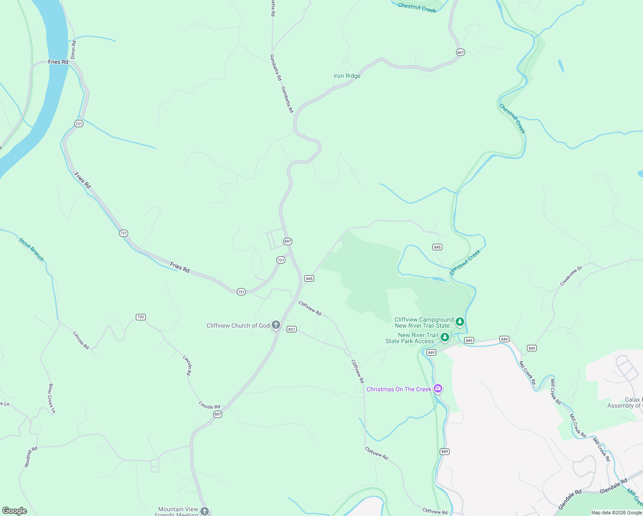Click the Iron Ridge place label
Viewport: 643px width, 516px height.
pos(347,76)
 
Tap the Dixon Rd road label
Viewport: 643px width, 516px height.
pos(73,50)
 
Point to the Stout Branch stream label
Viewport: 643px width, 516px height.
pos(31,249)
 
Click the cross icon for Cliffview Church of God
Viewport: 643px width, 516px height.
pos(276,326)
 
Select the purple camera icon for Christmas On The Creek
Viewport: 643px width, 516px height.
pos(438,389)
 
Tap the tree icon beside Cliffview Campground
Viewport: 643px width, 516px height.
pos(460,322)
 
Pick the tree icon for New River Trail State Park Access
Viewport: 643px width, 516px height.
pos(445,338)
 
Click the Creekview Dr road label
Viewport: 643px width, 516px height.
pos(571,276)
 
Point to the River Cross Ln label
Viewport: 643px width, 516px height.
pos(52,398)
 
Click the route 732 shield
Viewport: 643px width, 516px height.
pos(141,317)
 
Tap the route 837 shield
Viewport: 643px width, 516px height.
pos(291,329)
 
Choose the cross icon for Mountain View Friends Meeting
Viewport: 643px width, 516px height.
pos(205,511)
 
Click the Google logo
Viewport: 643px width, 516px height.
pos(15,511)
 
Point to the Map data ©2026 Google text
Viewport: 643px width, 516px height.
pos(616,513)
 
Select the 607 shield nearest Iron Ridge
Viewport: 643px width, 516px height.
pos(460,52)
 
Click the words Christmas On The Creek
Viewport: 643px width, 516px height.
pos(399,389)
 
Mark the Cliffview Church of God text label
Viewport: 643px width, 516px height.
pos(238,326)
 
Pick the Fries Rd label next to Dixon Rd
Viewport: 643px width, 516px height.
pos(58,62)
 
